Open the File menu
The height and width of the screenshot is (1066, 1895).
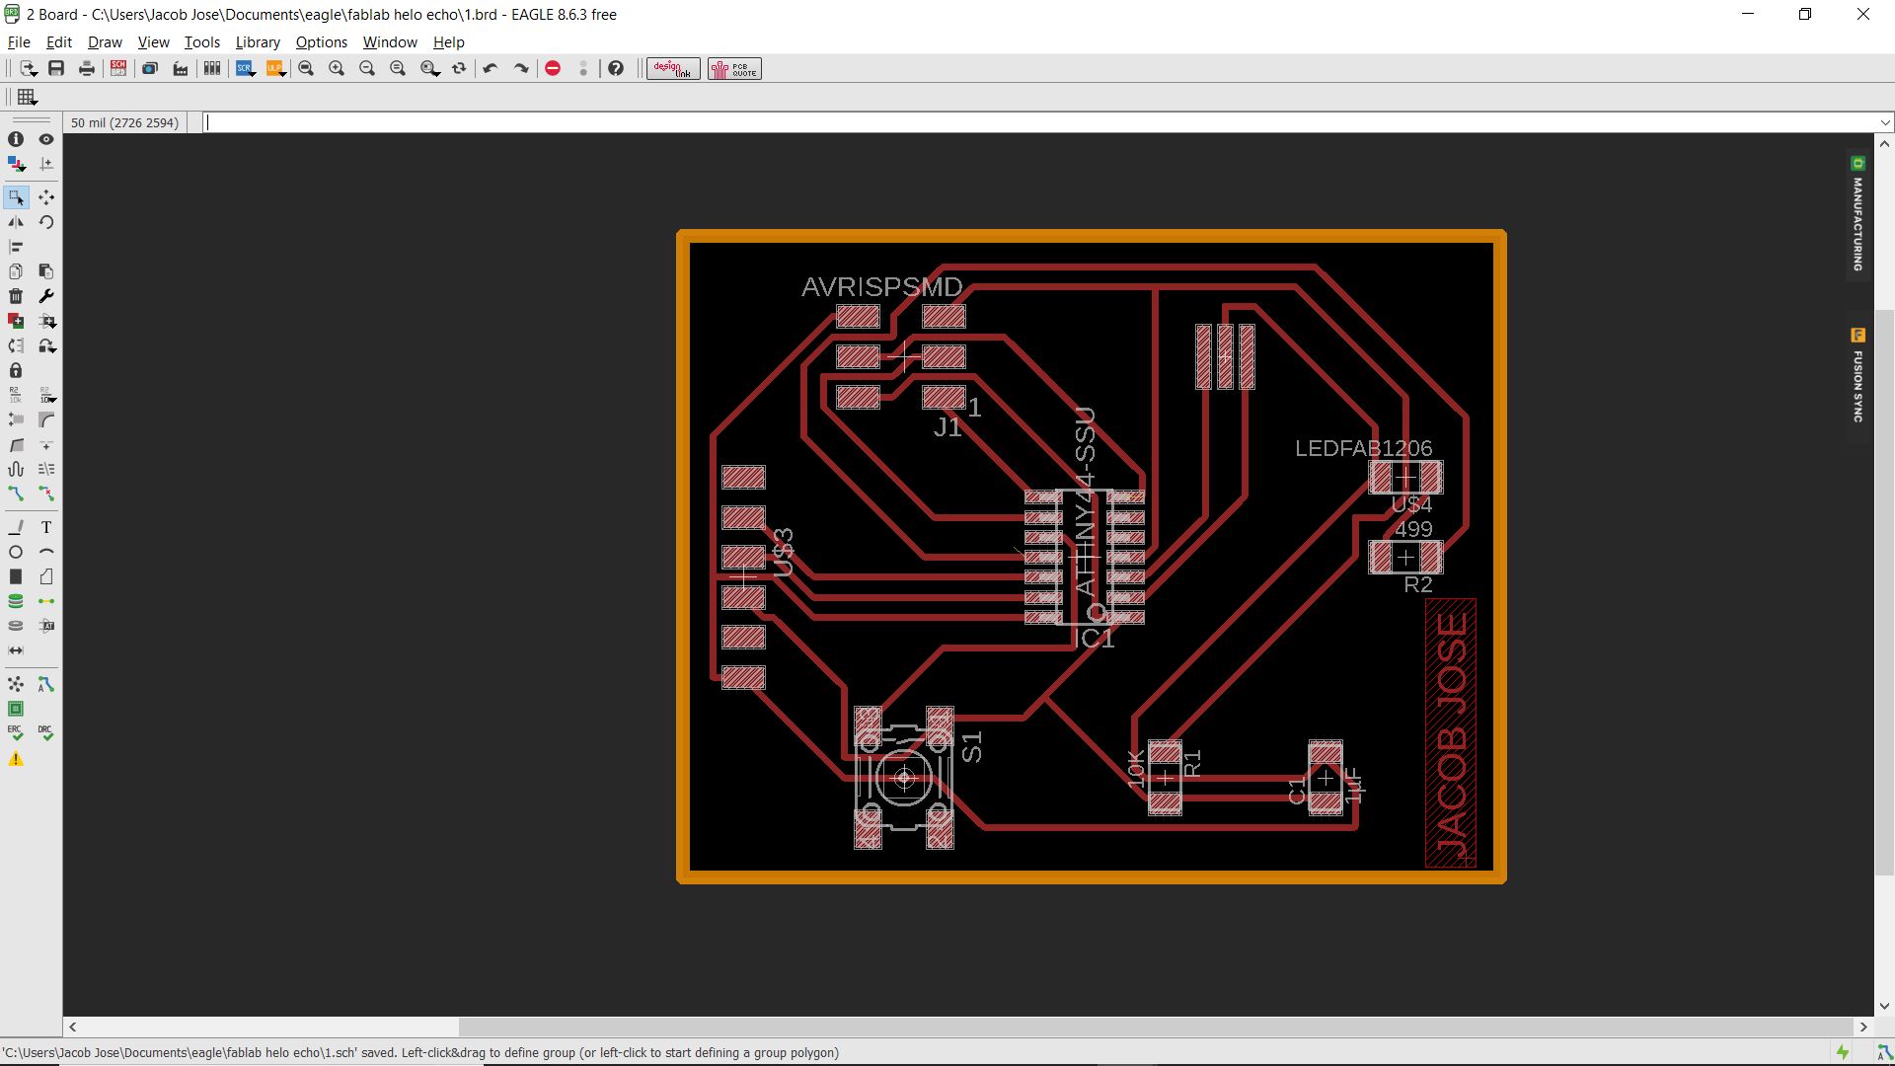tap(19, 42)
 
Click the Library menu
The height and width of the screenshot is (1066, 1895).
tap(258, 42)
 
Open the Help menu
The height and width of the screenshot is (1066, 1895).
tap(448, 42)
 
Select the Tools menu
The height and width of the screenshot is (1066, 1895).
tap(201, 42)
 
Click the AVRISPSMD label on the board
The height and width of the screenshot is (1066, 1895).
tap(881, 287)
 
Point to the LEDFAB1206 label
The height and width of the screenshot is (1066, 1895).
tap(1363, 448)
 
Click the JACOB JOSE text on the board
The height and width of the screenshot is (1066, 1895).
tap(1452, 734)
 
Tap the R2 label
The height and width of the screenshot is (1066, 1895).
tap(1417, 585)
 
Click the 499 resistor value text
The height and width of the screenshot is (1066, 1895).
tap(1413, 529)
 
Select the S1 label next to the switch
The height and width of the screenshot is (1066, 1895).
tap(972, 747)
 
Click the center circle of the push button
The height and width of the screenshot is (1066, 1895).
tap(904, 779)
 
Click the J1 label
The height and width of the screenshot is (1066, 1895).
tap(947, 427)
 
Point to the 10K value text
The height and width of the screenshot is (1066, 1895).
tap(1136, 769)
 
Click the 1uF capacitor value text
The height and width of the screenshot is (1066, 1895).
tap(1353, 785)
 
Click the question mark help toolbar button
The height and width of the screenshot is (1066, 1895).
tap(616, 68)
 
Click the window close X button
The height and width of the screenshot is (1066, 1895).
tap(1862, 15)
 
